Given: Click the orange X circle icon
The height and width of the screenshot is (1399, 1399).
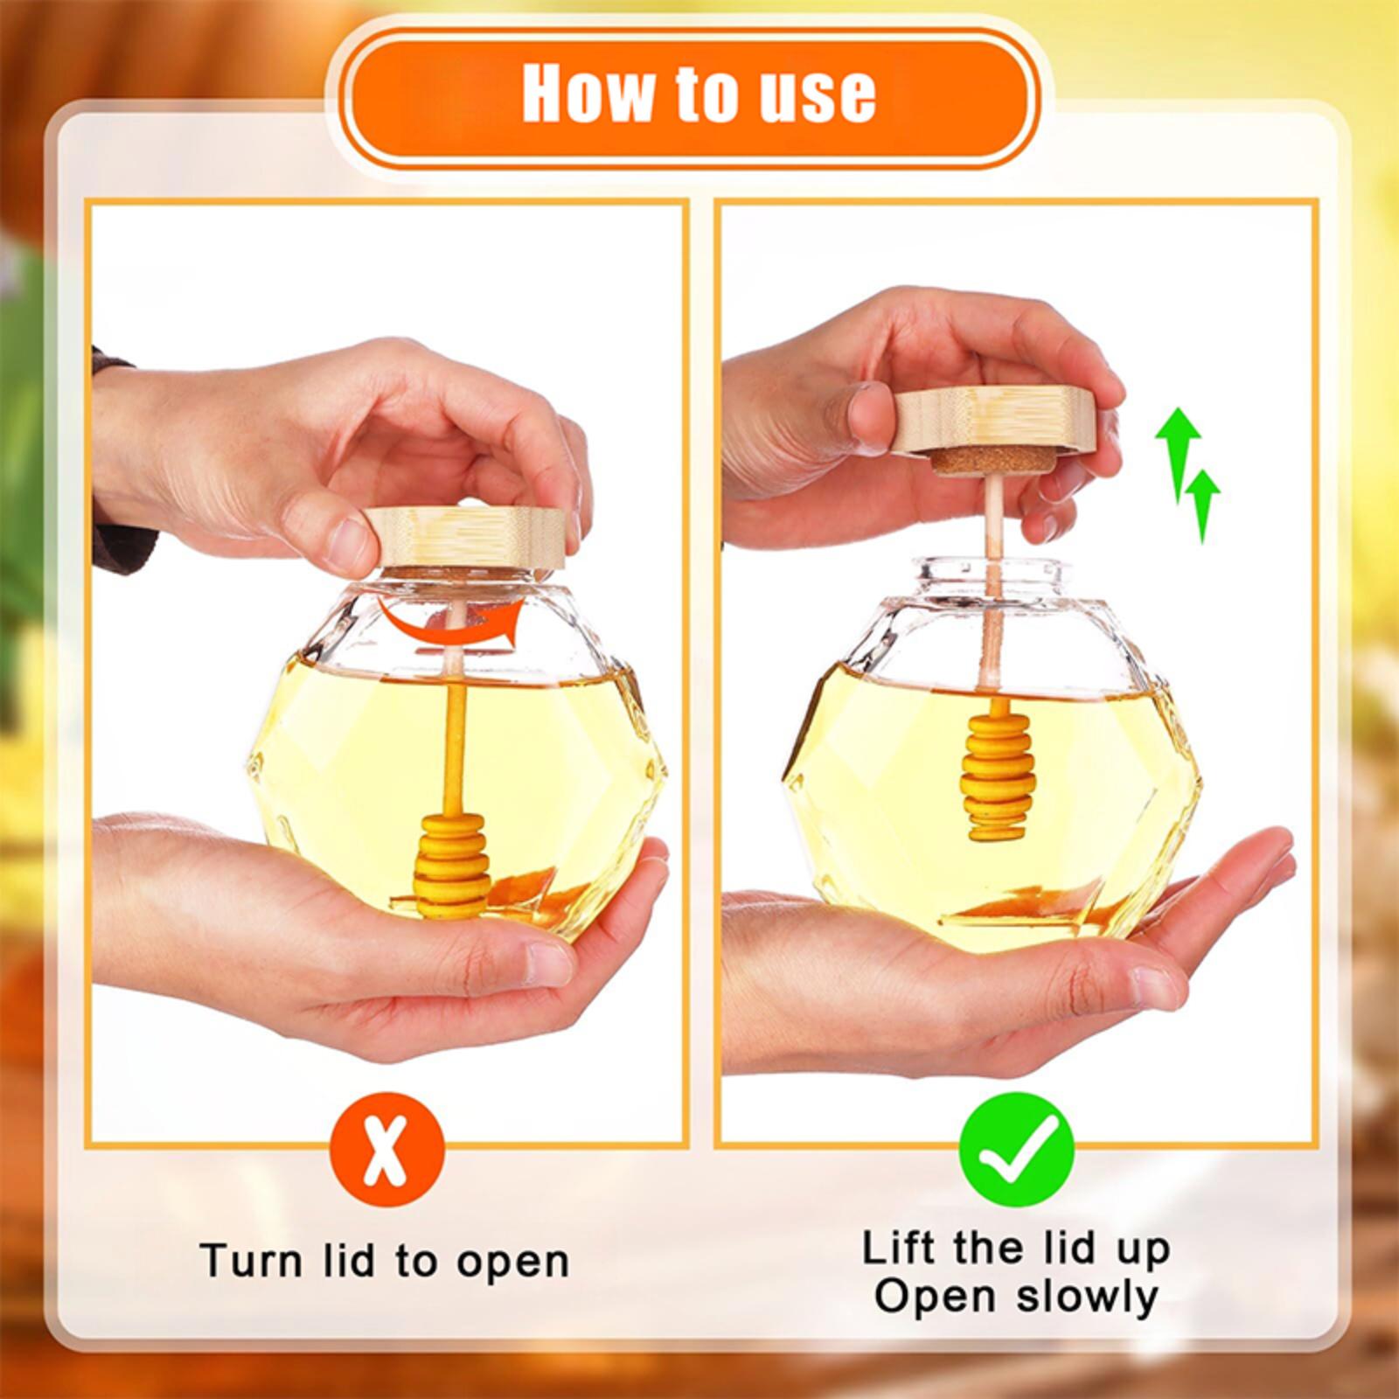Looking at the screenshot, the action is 387,1149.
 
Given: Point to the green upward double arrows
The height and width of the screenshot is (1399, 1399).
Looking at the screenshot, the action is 1187,472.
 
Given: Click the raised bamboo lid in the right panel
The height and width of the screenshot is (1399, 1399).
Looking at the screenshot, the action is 994,421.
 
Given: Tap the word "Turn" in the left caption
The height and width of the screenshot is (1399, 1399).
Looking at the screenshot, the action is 250,1262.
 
